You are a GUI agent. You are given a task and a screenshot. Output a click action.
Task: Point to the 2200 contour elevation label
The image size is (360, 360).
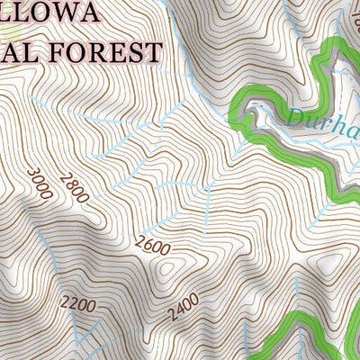tap(78, 305)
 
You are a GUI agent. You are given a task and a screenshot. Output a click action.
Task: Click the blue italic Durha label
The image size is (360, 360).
tap(324, 119)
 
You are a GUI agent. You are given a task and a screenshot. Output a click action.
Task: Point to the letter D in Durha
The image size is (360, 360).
tap(297, 115)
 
